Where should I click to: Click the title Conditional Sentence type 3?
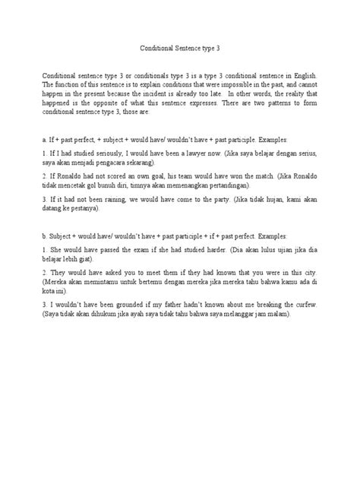pyautogui.click(x=179, y=47)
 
